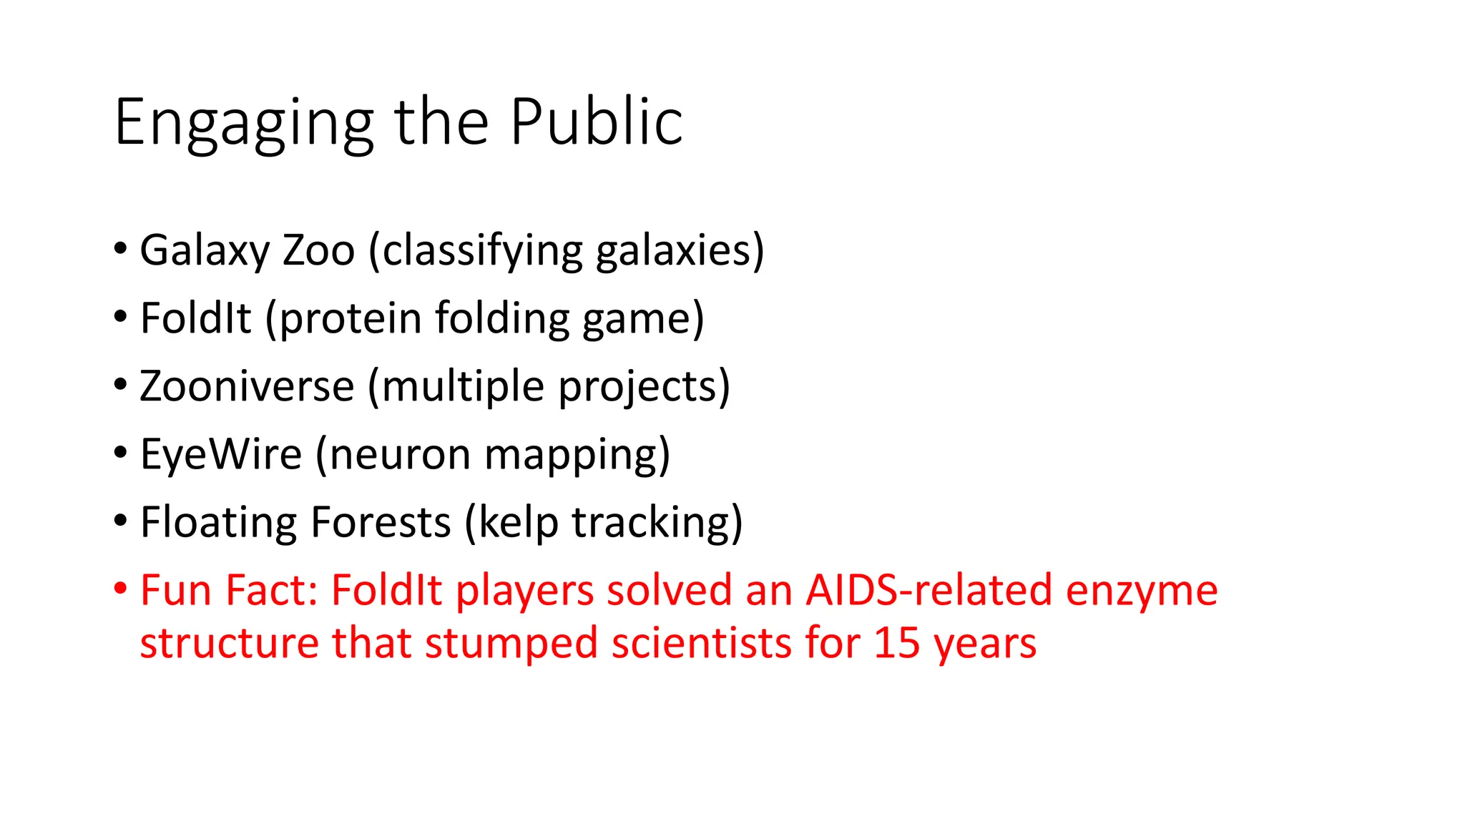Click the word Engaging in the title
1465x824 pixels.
click(243, 123)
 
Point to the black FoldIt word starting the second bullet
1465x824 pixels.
click(195, 318)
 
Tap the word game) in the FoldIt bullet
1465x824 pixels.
click(643, 318)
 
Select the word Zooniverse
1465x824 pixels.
click(247, 386)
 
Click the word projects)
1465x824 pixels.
click(644, 386)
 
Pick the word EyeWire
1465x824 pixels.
click(221, 454)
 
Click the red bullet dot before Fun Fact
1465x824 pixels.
click(120, 589)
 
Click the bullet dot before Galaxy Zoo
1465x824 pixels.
click(120, 249)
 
